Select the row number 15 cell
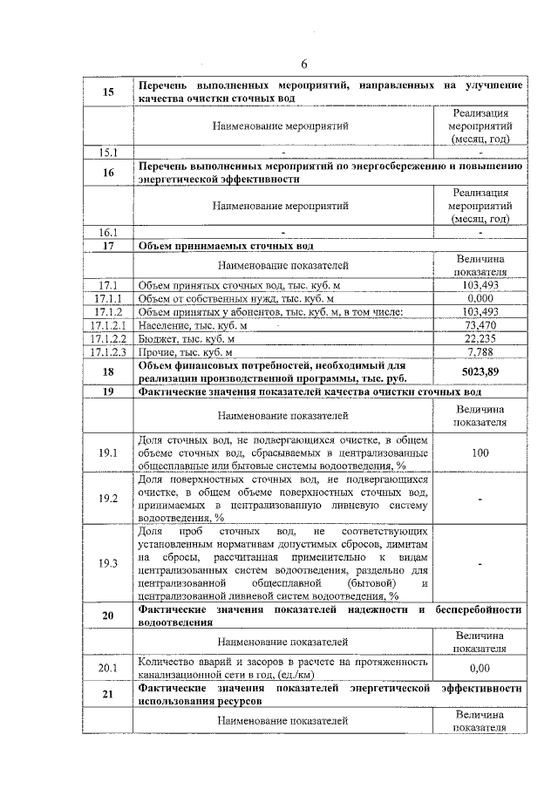(108, 92)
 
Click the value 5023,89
(480, 372)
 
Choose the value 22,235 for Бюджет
(480, 338)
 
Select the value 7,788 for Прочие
(480, 352)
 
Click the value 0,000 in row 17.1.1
(480, 298)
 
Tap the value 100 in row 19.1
(480, 454)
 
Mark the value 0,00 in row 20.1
(480, 668)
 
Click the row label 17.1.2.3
(108, 352)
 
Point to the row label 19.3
(108, 563)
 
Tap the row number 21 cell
(108, 695)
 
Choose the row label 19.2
(108, 499)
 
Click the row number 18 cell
(108, 372)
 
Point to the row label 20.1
(108, 668)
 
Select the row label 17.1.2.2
(108, 338)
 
